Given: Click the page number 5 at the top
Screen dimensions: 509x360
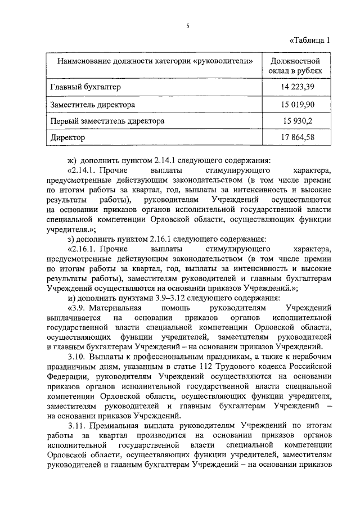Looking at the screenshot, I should [x=188, y=25].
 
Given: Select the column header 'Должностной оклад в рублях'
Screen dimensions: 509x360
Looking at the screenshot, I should [x=296, y=66].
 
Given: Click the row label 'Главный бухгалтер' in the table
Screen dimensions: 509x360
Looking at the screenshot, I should [x=85, y=87].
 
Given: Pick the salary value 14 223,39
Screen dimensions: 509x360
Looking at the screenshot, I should [x=296, y=87].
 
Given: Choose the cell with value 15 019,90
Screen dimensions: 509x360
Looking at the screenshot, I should [x=296, y=104].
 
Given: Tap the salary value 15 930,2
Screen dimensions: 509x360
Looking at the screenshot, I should [x=296, y=120].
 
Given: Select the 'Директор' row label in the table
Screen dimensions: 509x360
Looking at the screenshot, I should [x=67, y=137].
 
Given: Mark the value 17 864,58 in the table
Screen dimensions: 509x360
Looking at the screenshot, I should [x=296, y=137].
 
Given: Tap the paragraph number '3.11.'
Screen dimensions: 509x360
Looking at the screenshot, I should [x=76, y=426].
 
